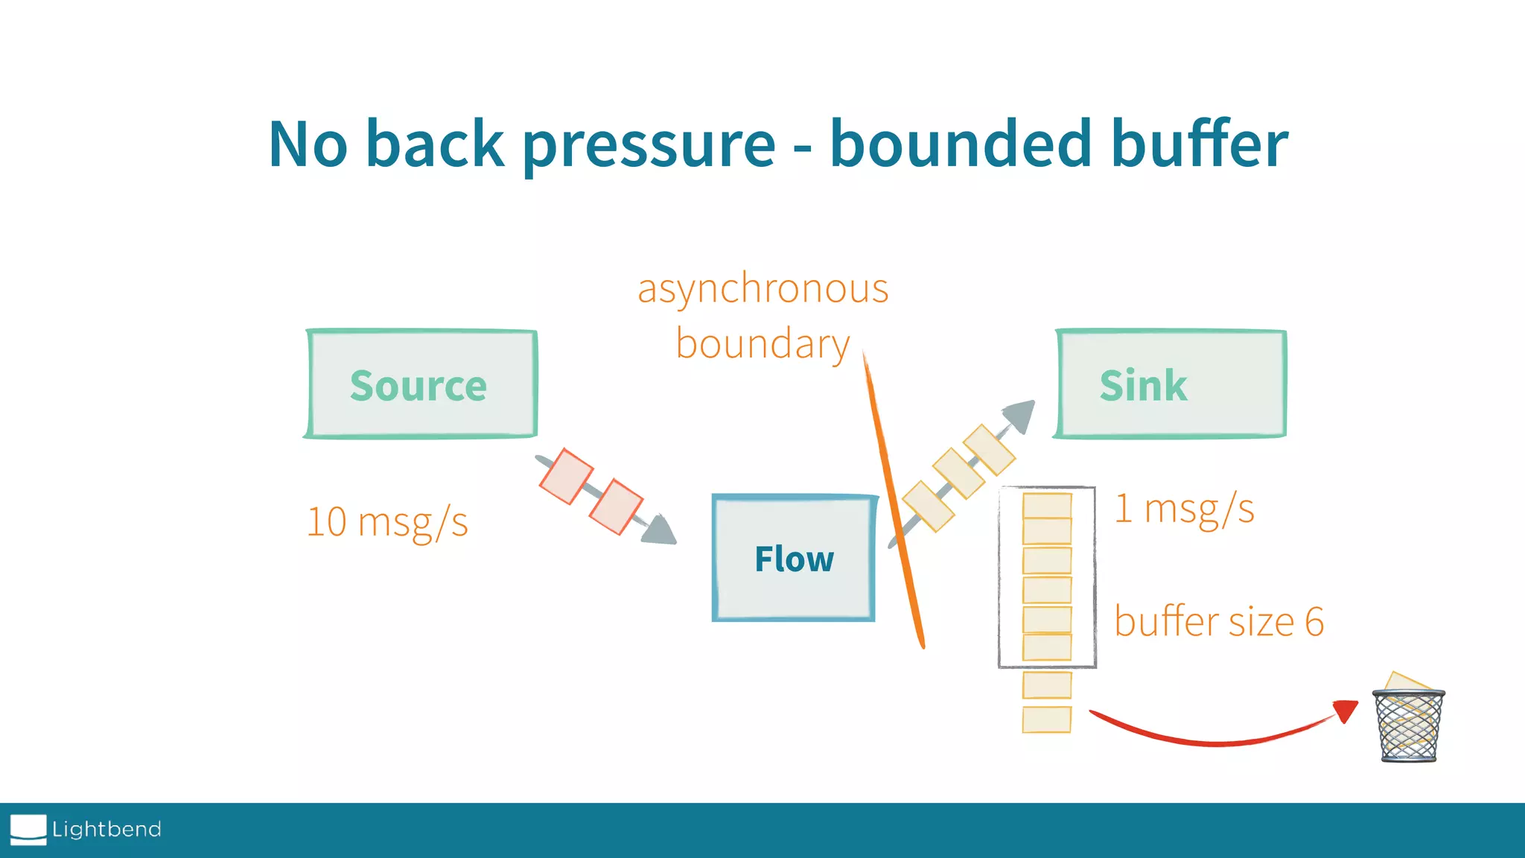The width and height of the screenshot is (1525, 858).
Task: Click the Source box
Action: [x=421, y=384]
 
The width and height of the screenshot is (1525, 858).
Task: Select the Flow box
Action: [x=794, y=559]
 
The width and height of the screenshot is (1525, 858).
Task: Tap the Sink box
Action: [x=1171, y=384]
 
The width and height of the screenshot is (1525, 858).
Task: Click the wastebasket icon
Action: [x=1408, y=725]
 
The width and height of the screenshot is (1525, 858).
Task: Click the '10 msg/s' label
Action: [x=387, y=522]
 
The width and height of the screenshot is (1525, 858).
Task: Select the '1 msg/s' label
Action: [x=1184, y=509]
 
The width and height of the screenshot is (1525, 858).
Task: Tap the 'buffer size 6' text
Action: [x=1219, y=622]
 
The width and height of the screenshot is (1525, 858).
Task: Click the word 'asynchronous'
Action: [x=763, y=289]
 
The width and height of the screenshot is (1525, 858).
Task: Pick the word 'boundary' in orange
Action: [x=762, y=345]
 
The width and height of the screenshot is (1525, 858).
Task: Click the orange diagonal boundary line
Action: [x=894, y=499]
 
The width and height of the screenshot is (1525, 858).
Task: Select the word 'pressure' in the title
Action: [x=649, y=144]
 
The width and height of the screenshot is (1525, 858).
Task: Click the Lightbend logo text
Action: [x=106, y=829]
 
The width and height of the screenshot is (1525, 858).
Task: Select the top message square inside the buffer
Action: [x=1047, y=505]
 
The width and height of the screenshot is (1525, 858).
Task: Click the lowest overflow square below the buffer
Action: [x=1047, y=719]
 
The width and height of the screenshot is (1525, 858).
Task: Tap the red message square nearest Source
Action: [x=566, y=476]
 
